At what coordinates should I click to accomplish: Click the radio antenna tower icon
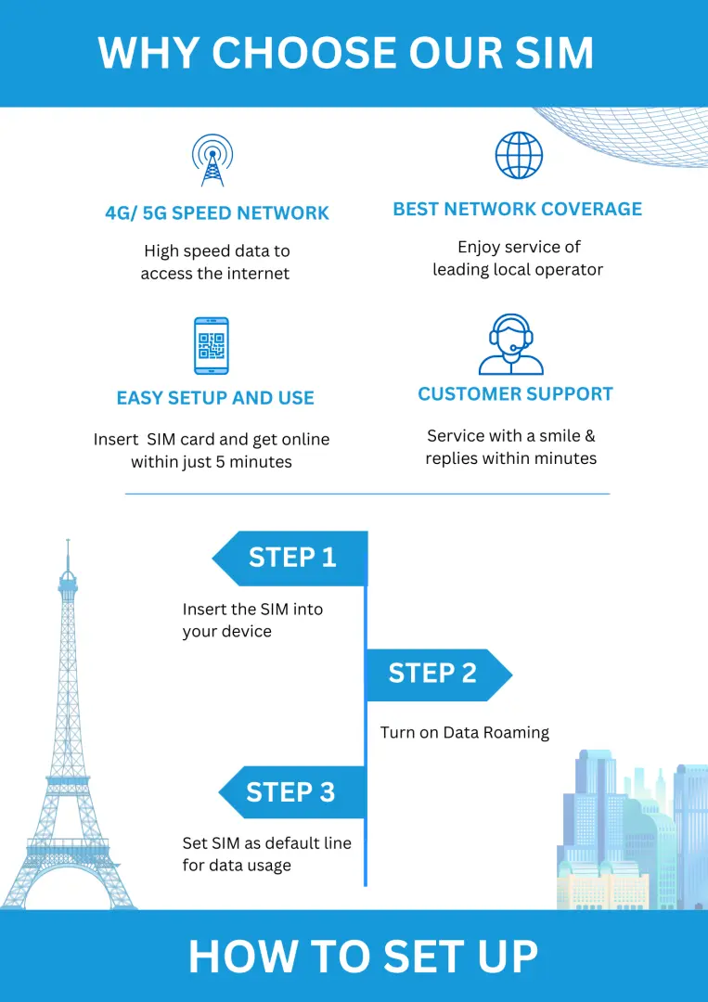(212, 160)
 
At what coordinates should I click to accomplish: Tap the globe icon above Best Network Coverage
(519, 155)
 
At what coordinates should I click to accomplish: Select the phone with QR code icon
(212, 346)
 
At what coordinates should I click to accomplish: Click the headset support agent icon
(511, 344)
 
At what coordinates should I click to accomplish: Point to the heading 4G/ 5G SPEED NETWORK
(217, 212)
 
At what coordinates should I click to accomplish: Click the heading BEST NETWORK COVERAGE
(518, 209)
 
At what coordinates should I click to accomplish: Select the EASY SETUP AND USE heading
(215, 398)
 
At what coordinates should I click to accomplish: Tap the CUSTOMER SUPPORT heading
(516, 394)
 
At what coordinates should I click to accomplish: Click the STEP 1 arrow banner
(290, 558)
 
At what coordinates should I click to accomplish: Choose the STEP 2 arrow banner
(438, 674)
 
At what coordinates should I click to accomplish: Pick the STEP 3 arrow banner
(292, 792)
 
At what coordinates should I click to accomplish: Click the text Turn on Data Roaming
(465, 732)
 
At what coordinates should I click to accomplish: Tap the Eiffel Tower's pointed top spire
(68, 541)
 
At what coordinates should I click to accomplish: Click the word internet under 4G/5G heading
(253, 274)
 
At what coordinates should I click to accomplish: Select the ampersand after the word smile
(590, 436)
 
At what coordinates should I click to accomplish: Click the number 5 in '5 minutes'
(220, 461)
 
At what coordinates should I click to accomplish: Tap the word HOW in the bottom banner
(239, 957)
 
